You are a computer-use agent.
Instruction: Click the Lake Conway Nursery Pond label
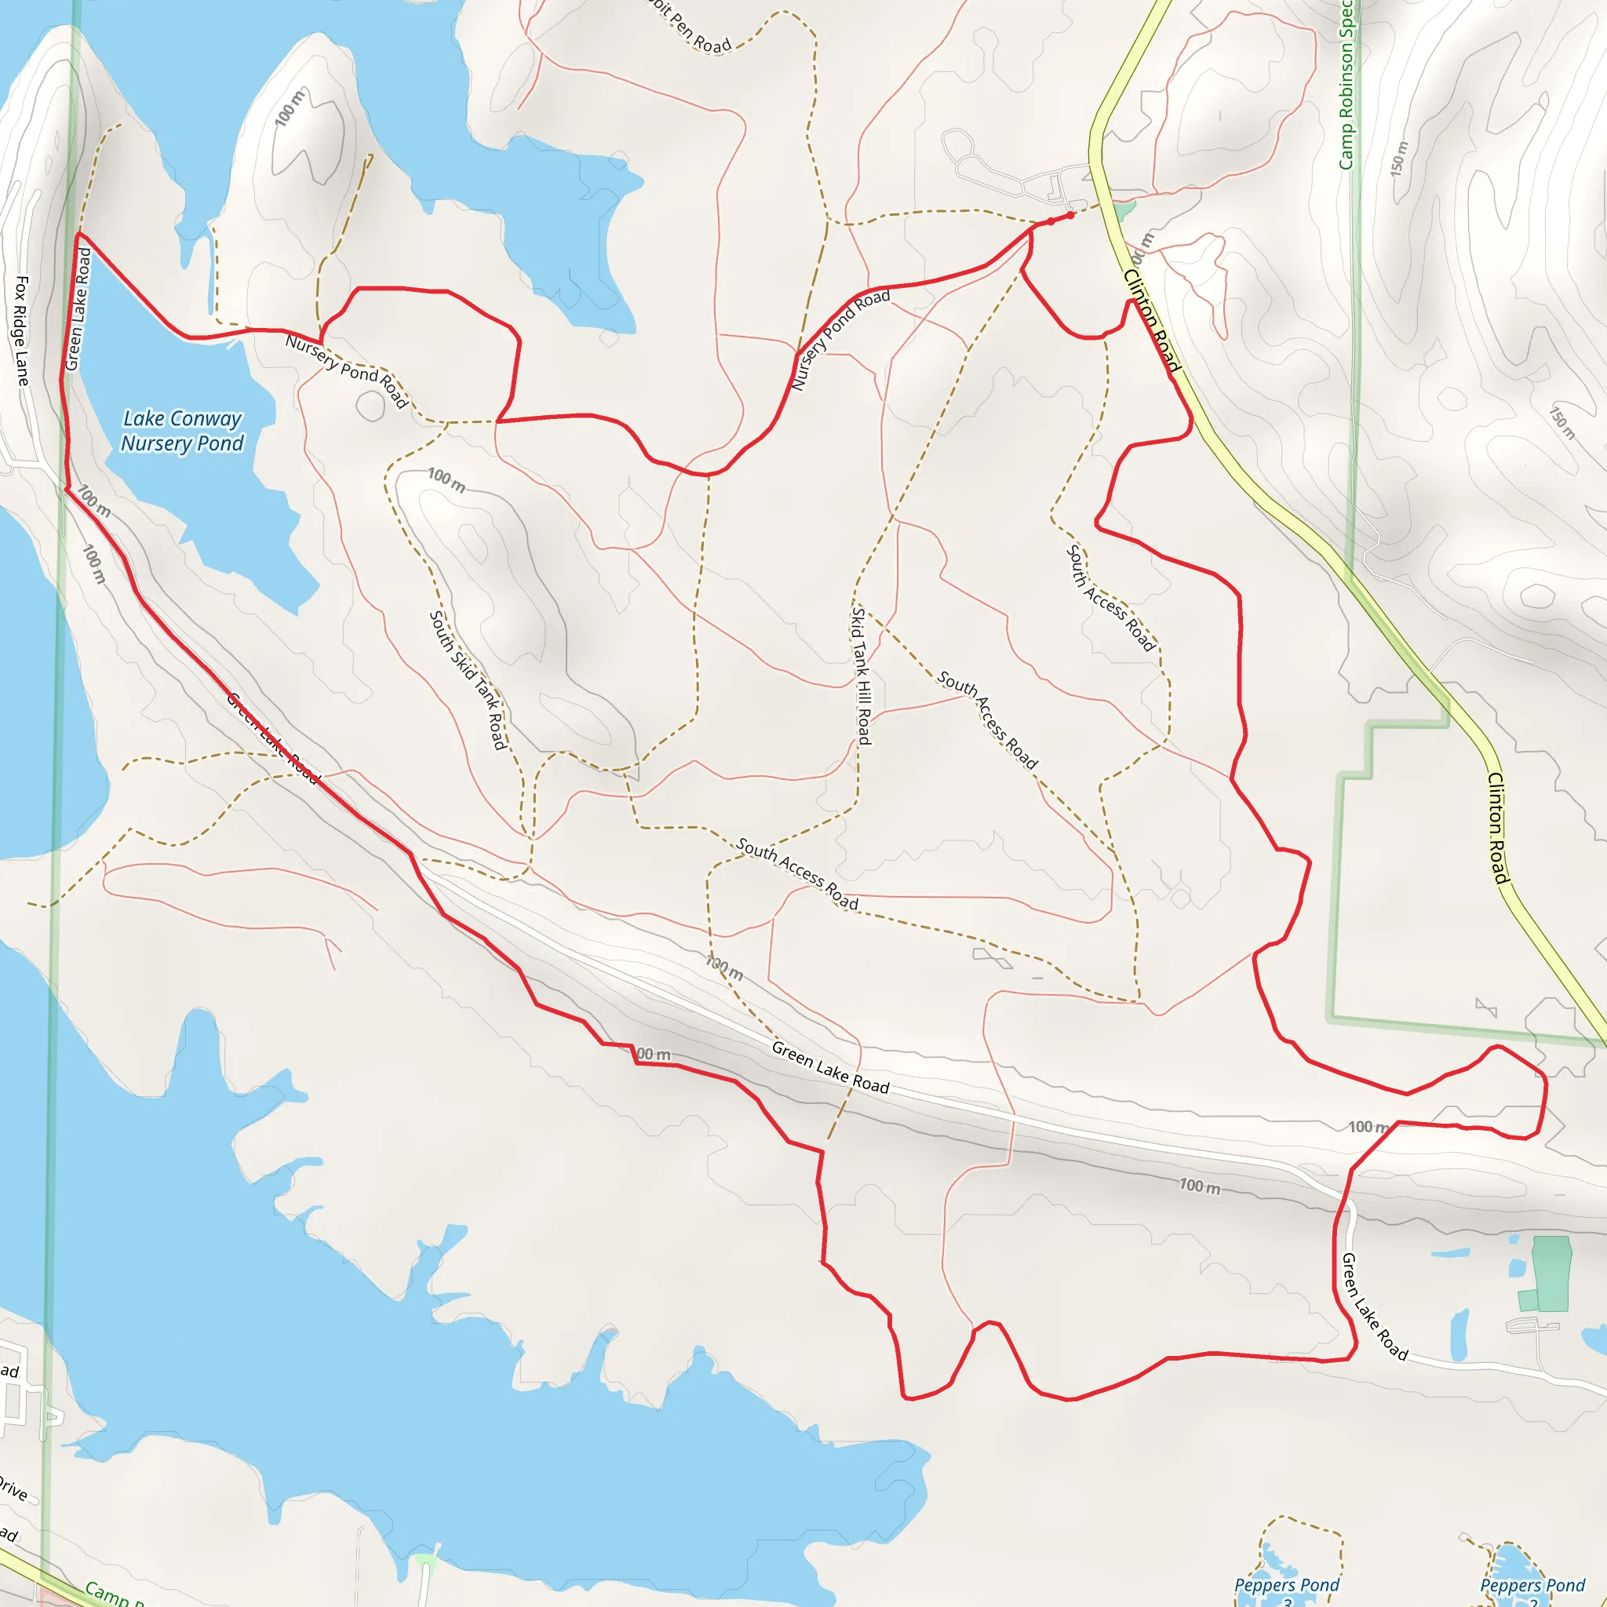(x=182, y=431)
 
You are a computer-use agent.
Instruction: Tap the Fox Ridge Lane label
(x=22, y=331)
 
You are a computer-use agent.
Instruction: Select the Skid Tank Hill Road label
(x=861, y=676)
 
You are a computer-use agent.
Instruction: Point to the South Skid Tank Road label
(x=468, y=680)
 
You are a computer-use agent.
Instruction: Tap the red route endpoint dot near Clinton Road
(x=1070, y=216)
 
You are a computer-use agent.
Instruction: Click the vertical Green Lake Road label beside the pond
(x=78, y=309)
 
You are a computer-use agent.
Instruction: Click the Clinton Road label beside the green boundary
(x=1497, y=828)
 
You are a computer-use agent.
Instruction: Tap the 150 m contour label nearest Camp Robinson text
(x=1399, y=158)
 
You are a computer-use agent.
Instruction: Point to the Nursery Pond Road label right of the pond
(x=346, y=371)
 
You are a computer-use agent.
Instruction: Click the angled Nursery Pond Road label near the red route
(x=840, y=339)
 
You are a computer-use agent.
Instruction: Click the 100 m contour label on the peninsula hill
(x=290, y=108)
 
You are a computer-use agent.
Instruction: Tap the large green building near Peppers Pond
(x=1551, y=1273)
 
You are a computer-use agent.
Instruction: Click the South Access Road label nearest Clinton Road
(x=1110, y=597)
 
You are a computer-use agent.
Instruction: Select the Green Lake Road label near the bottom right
(x=1374, y=1306)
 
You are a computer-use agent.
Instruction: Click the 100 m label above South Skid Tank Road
(x=446, y=480)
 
